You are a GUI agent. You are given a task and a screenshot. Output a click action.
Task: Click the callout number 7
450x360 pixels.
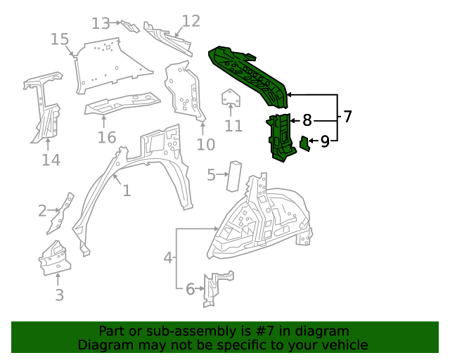pyautogui.click(x=347, y=117)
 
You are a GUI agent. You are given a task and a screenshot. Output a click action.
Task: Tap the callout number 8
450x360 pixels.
pyautogui.click(x=307, y=120)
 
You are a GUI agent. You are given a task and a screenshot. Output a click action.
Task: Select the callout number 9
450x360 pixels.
pyautogui.click(x=325, y=142)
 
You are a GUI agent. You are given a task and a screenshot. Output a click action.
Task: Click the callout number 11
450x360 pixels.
pyautogui.click(x=233, y=127)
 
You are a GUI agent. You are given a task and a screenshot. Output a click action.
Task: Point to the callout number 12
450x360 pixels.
pyautogui.click(x=191, y=20)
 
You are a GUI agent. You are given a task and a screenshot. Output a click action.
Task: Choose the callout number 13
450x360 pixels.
pyautogui.click(x=101, y=23)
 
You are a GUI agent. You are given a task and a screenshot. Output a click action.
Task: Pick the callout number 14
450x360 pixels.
pyautogui.click(x=51, y=160)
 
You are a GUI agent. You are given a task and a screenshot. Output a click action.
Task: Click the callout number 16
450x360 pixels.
pyautogui.click(x=106, y=137)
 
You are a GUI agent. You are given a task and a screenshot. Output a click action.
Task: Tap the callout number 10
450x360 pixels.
pyautogui.click(x=205, y=145)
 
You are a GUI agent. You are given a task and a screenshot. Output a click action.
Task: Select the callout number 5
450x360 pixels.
pyautogui.click(x=211, y=174)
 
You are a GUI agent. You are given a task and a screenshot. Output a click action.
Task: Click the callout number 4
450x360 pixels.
pyautogui.click(x=168, y=258)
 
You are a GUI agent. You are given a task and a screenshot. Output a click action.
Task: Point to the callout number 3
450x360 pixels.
pyautogui.click(x=59, y=295)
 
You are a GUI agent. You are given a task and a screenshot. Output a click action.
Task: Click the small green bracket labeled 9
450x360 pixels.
pyautogui.click(x=304, y=143)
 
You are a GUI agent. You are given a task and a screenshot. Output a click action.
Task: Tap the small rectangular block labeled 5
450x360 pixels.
pyautogui.click(x=234, y=175)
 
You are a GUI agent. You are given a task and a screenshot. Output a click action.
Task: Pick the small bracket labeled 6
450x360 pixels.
pyautogui.click(x=212, y=289)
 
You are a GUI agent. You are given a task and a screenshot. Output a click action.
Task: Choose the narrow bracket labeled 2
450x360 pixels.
pyautogui.click(x=63, y=212)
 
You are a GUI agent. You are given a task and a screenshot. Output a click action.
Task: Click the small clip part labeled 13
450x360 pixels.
pyautogui.click(x=130, y=27)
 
